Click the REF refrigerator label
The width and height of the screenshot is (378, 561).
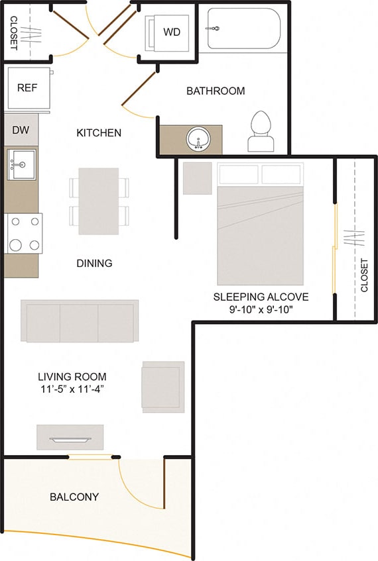pos(27,88)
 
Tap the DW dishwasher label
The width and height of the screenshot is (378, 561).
pos(21,130)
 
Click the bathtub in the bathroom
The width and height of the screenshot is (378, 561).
pos(243,28)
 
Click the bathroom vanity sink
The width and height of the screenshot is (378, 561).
pos(198,140)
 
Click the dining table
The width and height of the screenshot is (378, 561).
pos(98,201)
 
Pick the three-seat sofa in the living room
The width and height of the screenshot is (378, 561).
pos(80,321)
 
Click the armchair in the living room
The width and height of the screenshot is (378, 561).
pos(162,387)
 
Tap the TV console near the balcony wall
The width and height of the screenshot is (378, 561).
pos(70,437)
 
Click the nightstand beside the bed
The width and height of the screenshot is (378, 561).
pos(197,178)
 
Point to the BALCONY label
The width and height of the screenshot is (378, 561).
pos(74,497)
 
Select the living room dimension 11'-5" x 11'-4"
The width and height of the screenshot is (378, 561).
pos(72,389)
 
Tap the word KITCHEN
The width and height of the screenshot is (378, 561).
pos(99,133)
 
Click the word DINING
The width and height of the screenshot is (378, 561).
pos(94,263)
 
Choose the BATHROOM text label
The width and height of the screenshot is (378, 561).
pos(216,91)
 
